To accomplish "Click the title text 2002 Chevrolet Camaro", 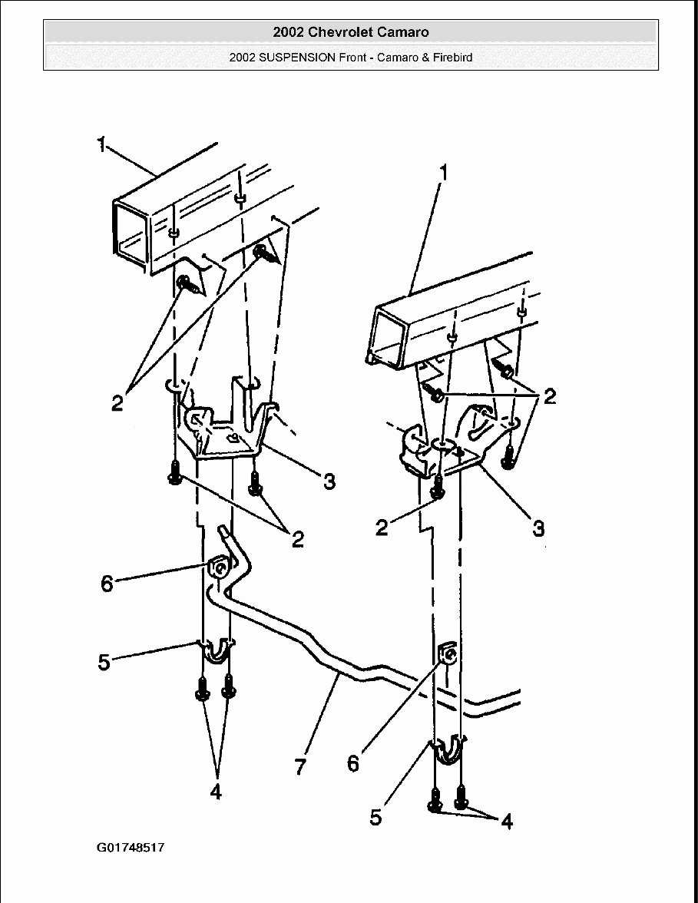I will (350, 32).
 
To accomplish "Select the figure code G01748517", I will (131, 848).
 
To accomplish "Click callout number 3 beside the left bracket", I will (329, 482).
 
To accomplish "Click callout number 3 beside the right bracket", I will (538, 529).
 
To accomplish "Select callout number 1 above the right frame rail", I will (442, 173).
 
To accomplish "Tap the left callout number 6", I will (108, 584).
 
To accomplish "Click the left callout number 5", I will (104, 662).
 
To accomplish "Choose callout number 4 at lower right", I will (506, 822).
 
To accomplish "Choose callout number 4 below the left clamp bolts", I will (216, 792).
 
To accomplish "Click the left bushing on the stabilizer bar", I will (218, 569).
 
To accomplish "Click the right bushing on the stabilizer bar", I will (448, 655).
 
